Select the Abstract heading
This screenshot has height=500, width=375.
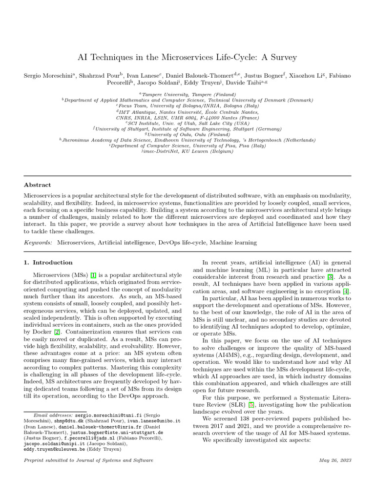(x=37, y=185)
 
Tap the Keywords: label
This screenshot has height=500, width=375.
(x=39, y=242)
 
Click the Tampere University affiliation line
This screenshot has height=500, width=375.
(x=187, y=94)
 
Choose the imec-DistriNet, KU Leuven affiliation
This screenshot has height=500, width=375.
(x=187, y=151)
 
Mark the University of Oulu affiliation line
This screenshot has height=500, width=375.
(x=187, y=134)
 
